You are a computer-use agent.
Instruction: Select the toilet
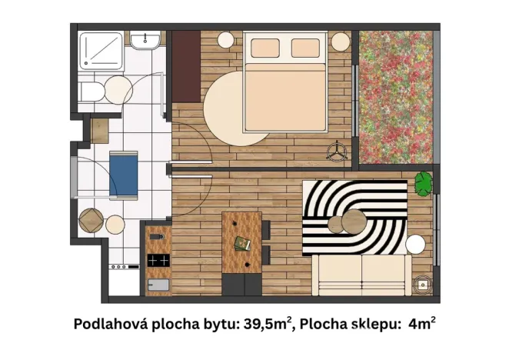point(91,92)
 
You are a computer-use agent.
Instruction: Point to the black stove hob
point(158,261)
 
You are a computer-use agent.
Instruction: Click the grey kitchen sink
point(158,286)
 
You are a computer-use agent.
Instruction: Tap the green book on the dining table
point(242,244)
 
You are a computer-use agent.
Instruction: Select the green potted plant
point(424,183)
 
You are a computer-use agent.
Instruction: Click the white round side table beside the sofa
point(416,245)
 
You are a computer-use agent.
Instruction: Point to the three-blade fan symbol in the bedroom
point(337,151)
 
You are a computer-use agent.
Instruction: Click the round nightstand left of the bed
point(226,40)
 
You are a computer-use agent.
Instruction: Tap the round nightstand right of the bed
point(340,40)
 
